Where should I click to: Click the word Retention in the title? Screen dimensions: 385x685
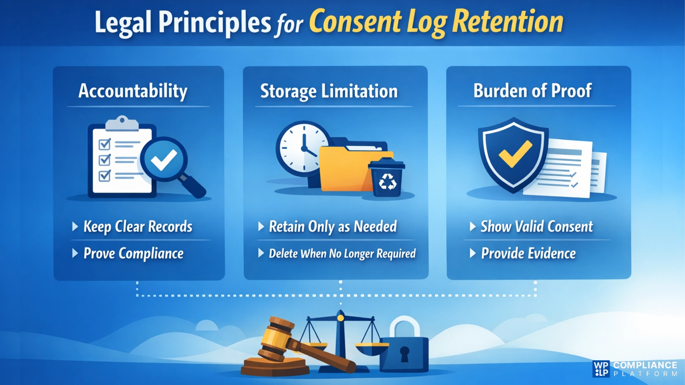[508, 22]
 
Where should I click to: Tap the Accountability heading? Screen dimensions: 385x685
[133, 91]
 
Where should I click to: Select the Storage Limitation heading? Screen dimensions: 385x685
[329, 91]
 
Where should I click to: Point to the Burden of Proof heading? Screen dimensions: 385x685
[532, 91]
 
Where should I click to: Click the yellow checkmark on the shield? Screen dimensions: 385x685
[515, 153]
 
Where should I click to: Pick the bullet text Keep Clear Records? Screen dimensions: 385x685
[138, 227]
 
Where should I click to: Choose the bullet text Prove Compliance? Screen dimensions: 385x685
[133, 253]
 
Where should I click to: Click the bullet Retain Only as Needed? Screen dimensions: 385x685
[333, 227]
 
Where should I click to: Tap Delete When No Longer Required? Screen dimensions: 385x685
[342, 253]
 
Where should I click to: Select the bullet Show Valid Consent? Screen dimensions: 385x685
[537, 227]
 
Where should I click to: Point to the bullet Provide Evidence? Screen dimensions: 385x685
[528, 253]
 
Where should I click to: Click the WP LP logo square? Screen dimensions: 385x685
[601, 369]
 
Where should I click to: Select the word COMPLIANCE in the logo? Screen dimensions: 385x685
[645, 365]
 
